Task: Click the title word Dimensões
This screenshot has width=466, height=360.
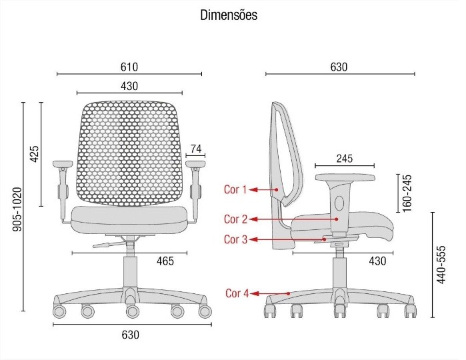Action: coord(229,15)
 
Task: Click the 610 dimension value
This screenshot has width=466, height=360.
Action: coord(129,67)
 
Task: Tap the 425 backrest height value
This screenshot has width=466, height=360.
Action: coord(35,154)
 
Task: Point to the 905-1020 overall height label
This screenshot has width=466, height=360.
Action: coord(17,209)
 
